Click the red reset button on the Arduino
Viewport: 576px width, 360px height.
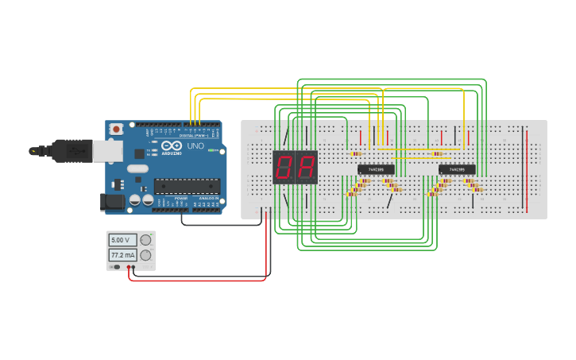(x=116, y=129)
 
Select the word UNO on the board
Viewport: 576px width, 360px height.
(x=195, y=146)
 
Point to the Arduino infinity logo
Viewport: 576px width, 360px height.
(x=172, y=145)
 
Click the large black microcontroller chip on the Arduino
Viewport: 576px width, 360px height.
(x=187, y=187)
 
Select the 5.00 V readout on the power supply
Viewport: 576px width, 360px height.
(x=122, y=239)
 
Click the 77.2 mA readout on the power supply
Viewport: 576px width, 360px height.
(x=122, y=255)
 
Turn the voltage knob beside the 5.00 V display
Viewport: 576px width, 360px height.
(x=145, y=239)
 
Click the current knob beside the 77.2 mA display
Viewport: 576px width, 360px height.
(x=145, y=255)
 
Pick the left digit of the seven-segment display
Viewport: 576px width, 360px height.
(x=284, y=167)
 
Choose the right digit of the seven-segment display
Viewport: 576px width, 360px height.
(x=306, y=167)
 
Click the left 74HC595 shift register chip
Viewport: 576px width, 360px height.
(x=376, y=169)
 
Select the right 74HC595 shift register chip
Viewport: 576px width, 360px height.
(x=457, y=169)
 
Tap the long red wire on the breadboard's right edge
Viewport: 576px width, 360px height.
(x=527, y=168)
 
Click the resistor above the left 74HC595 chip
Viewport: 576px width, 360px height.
(x=356, y=153)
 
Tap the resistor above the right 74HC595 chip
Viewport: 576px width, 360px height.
(x=437, y=153)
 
